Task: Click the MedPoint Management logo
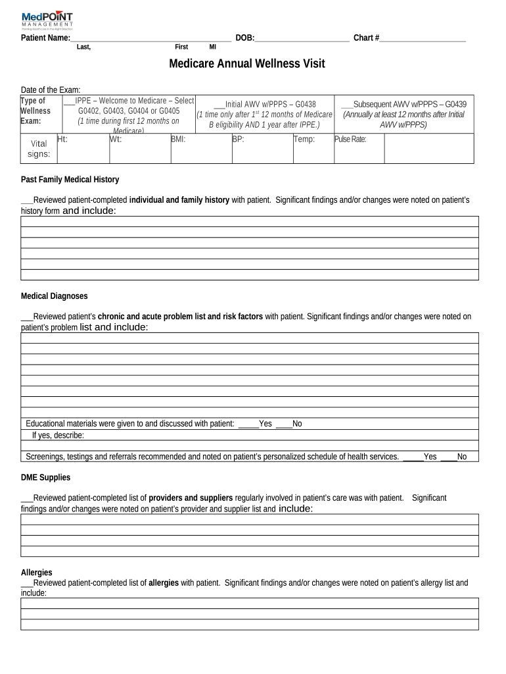point(47,20)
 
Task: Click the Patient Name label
point(45,38)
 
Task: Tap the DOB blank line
point(302,38)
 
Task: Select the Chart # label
point(366,38)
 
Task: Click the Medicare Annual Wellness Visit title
point(246,64)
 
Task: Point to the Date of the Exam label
point(51,90)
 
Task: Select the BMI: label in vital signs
point(178,139)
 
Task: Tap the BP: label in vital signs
point(238,139)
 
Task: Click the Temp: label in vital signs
point(304,139)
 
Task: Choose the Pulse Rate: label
point(350,139)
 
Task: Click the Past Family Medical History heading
point(70,180)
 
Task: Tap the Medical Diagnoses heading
point(54,296)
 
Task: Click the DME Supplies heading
point(45,477)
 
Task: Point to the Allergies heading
point(37,573)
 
